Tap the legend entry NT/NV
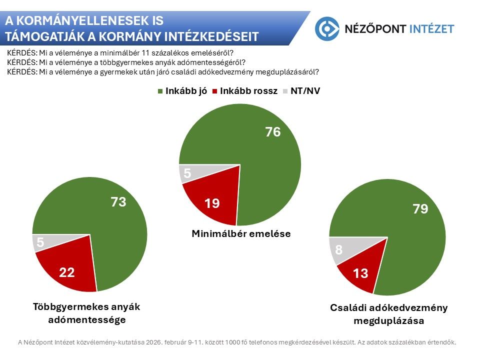pos(301,91)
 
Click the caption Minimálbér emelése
pos(241,233)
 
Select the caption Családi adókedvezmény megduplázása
pos(388,314)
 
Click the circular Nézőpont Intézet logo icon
pos(327,28)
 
